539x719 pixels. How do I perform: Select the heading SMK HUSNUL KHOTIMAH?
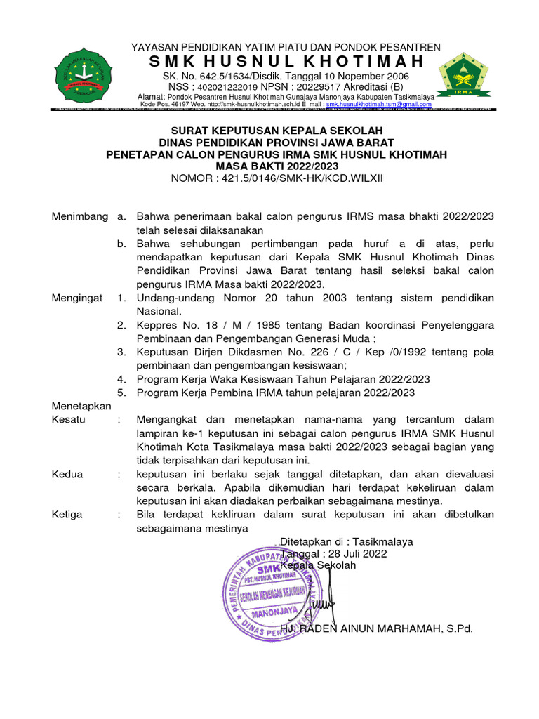(286, 62)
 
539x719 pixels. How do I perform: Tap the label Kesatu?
(69, 419)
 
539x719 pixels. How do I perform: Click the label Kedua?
(67, 474)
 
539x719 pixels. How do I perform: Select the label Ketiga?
(67, 515)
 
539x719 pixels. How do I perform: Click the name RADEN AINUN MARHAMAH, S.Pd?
(386, 629)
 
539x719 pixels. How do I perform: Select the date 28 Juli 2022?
(351, 554)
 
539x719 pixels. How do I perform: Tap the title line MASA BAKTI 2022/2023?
(276, 166)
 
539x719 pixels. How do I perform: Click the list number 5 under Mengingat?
(121, 393)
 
